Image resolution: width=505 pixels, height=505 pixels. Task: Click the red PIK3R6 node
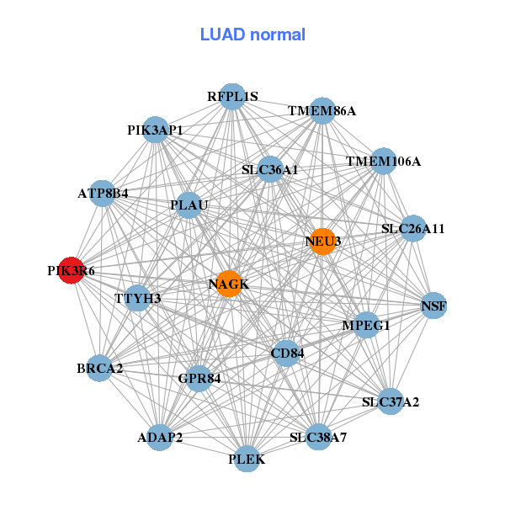(x=71, y=271)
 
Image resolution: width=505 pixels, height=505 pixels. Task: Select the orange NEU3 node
(x=323, y=242)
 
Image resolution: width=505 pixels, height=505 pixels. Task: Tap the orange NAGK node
(x=228, y=284)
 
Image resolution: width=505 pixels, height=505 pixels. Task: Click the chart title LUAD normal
(x=252, y=35)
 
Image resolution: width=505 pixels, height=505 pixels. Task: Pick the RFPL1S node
(x=232, y=97)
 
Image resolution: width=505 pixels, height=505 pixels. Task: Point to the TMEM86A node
(x=322, y=111)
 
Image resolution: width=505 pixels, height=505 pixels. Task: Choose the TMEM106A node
(x=383, y=161)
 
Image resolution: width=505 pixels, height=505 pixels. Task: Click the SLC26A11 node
(x=412, y=228)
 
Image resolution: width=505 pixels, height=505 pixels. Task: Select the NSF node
(x=433, y=306)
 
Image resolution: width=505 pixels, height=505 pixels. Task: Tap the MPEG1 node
(x=366, y=325)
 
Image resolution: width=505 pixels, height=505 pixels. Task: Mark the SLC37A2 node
(x=390, y=401)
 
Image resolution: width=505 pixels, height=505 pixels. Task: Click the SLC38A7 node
(x=318, y=437)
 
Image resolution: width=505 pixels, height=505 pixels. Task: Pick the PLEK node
(x=247, y=459)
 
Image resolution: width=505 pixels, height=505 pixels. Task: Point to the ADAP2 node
(x=160, y=438)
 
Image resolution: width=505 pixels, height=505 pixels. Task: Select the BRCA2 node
(x=99, y=369)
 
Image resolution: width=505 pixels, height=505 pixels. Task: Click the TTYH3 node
(x=138, y=298)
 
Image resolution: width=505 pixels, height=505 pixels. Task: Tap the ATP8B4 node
(x=103, y=194)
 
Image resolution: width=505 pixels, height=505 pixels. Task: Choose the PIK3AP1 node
(x=155, y=130)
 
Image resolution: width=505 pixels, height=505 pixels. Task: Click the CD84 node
(x=287, y=353)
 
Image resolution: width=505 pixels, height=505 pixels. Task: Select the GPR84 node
(x=199, y=379)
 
